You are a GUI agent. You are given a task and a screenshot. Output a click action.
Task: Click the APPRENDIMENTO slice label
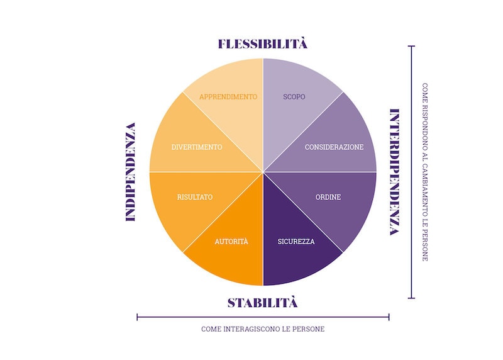pos(228,97)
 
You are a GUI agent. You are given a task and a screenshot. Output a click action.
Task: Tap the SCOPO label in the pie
pos(294,97)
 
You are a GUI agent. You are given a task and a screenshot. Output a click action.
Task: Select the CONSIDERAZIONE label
pos(334,147)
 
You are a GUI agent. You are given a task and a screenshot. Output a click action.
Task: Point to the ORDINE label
pos(328,197)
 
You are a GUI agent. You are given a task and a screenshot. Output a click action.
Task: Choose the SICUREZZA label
pos(296,242)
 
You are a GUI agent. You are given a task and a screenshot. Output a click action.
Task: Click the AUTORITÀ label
pos(231,241)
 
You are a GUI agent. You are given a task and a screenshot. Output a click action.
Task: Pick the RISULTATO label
pos(195,197)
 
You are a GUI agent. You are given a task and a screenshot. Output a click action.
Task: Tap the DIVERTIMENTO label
pos(197,147)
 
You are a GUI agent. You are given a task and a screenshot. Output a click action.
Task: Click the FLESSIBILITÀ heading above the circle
pos(263,43)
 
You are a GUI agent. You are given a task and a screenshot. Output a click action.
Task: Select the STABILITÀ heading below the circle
pos(262,303)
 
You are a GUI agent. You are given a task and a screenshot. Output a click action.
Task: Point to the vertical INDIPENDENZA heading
pos(131,172)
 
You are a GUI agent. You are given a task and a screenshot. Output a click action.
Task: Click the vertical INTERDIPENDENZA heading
pos(394,172)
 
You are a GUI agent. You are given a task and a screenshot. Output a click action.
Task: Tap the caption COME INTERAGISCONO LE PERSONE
pos(263,329)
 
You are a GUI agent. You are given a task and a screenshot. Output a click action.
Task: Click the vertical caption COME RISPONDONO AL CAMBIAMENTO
pos(425,172)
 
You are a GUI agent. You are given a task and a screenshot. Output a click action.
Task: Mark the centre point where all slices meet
pos(263,172)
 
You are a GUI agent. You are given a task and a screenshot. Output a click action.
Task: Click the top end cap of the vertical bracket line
pos(411,46)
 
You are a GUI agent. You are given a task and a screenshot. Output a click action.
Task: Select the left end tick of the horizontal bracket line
pos(137,317)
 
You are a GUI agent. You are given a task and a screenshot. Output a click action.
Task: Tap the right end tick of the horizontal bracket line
pos(389,317)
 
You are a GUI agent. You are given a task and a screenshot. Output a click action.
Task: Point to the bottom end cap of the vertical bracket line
pos(411,298)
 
